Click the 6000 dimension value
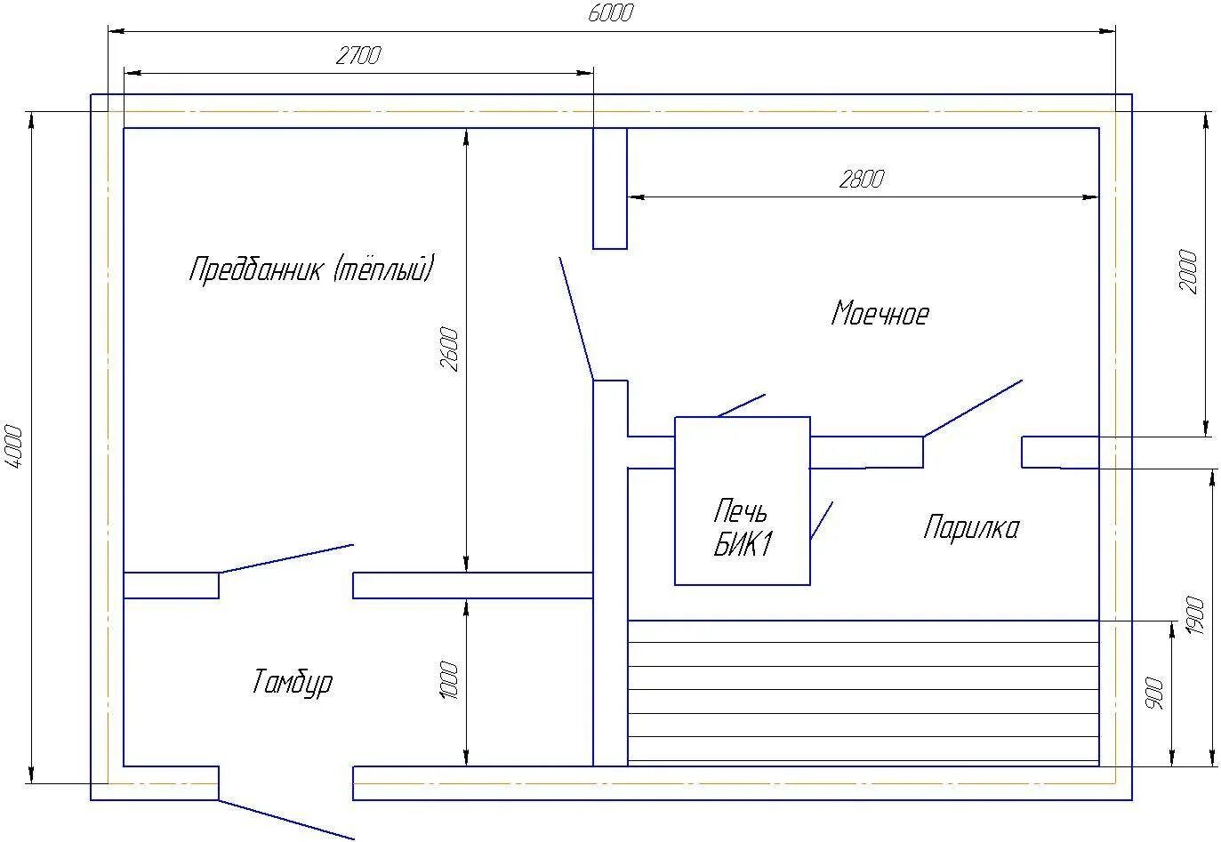tap(610, 13)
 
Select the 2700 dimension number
tap(358, 56)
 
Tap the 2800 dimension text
tap(862, 180)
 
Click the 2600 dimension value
tap(449, 349)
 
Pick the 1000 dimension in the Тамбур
tap(449, 680)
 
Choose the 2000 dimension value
tap(1188, 271)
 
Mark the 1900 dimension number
tap(1195, 616)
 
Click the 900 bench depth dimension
tap(1154, 694)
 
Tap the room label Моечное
tap(880, 313)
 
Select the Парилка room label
tap(971, 527)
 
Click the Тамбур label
tap(293, 682)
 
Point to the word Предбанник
tap(255, 269)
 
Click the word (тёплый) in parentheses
tap(384, 267)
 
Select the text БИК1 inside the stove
tap(743, 544)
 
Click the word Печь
tap(740, 510)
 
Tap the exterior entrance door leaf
tap(286, 820)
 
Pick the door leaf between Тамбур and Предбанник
tap(286, 558)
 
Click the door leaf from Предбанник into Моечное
tap(576, 318)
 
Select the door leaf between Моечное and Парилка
tap(972, 408)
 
